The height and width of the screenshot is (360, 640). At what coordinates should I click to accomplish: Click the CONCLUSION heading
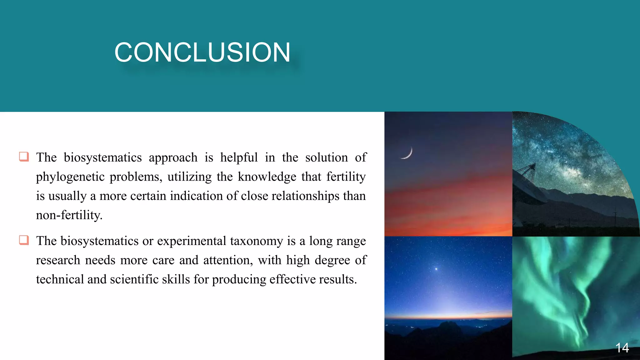point(202,52)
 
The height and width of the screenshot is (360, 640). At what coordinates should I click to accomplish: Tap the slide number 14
point(622,347)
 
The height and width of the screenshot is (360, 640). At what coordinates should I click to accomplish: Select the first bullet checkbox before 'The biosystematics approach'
point(24,156)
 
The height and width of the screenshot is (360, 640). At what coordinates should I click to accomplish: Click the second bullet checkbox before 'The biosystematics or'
point(24,240)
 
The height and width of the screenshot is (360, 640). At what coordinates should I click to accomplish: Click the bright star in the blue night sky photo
point(436,268)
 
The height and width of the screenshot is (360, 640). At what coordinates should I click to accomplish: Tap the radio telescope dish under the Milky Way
point(528,191)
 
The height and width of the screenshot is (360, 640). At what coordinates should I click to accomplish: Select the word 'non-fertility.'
point(69,215)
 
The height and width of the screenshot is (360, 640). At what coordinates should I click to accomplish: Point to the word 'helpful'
point(239,157)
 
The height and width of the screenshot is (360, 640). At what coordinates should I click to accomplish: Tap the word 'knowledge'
point(267,177)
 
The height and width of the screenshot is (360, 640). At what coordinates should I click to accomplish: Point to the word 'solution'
point(326,157)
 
